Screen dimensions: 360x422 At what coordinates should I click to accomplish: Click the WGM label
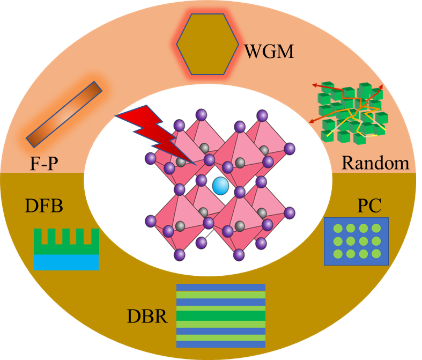click(x=269, y=52)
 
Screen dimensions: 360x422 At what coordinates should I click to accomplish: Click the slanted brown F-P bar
click(x=64, y=113)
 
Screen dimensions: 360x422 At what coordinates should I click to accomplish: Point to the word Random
click(x=375, y=162)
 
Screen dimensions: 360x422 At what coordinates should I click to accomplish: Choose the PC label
click(x=368, y=206)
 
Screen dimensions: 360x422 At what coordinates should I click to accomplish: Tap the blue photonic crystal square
click(x=356, y=241)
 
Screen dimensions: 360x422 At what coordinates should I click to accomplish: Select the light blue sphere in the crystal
click(x=220, y=186)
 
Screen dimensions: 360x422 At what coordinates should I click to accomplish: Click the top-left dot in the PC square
click(x=338, y=228)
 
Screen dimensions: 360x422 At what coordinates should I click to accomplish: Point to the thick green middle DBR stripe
click(x=221, y=315)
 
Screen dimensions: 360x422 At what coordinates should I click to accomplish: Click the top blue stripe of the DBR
click(x=221, y=287)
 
